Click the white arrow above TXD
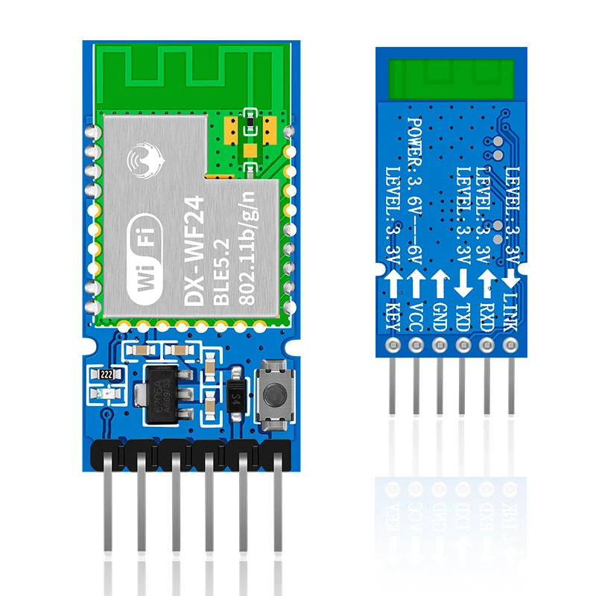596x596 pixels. pyautogui.click(x=463, y=282)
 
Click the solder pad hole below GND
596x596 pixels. pyautogui.click(x=440, y=344)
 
